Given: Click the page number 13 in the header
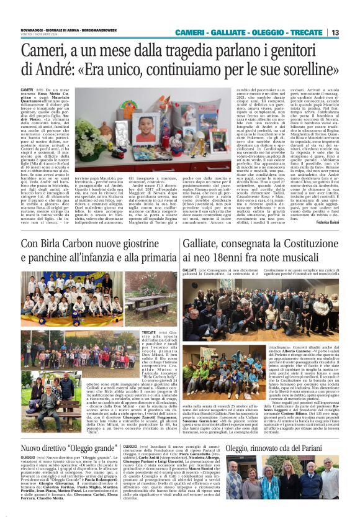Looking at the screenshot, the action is pyautogui.click(x=352, y=32).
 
